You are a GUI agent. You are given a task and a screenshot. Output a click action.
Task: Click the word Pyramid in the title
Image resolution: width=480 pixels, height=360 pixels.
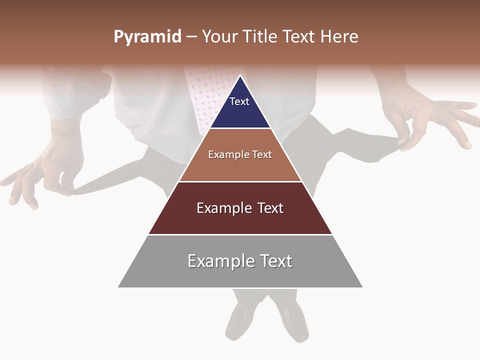(147, 37)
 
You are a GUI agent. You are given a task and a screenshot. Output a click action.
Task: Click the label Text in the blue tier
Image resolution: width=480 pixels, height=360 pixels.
(239, 101)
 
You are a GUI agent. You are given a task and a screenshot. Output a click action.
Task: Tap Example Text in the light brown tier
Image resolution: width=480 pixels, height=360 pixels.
(240, 154)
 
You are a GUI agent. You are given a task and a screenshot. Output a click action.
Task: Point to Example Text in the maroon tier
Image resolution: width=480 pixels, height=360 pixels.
(240, 208)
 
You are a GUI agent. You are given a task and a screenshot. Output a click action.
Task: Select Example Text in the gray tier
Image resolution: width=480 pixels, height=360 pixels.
(240, 261)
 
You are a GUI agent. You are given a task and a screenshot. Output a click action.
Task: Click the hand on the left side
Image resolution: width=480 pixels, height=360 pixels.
(45, 170)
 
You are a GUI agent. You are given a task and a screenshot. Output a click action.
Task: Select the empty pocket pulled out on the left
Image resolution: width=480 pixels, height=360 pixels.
(115, 177)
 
